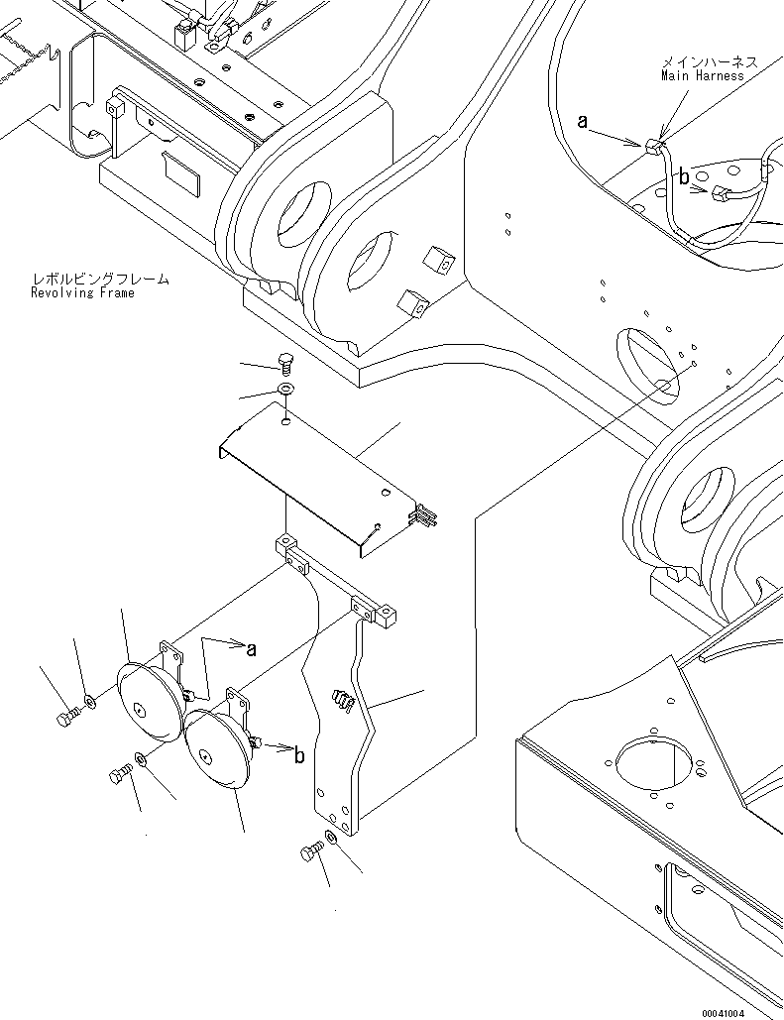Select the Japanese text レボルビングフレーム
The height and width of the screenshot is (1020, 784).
(x=99, y=280)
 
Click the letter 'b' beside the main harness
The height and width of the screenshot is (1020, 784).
(x=683, y=177)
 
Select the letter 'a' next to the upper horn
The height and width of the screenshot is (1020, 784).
(x=251, y=649)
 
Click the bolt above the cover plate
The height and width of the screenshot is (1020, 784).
(x=284, y=362)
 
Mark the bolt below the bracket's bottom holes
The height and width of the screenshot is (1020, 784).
(x=309, y=853)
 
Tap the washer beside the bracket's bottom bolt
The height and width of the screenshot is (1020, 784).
(x=330, y=839)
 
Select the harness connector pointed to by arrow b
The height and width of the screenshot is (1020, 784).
(x=722, y=194)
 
